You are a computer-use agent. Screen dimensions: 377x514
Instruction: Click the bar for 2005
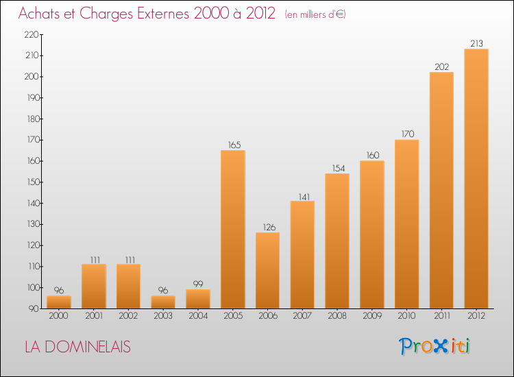pos(233,230)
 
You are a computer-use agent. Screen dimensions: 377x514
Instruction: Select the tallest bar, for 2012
pos(476,178)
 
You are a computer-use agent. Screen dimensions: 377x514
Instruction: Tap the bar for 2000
pos(59,302)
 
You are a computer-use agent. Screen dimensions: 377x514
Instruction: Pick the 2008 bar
pos(337,241)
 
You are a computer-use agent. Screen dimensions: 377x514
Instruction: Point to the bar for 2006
pos(268,271)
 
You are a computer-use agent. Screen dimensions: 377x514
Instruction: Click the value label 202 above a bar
pos(441,66)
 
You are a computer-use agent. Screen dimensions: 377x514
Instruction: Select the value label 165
pos(233,145)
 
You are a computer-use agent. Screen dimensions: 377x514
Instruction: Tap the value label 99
pos(198,284)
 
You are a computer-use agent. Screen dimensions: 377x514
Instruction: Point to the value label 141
pos(302,195)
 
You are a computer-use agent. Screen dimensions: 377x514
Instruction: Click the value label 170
pos(406,134)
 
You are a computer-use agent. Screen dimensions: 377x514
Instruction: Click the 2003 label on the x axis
pos(163,316)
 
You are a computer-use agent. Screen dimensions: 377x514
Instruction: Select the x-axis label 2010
pos(406,316)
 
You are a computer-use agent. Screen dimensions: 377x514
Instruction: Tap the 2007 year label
pos(302,316)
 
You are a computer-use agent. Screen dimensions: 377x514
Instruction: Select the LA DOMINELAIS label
pos(77,347)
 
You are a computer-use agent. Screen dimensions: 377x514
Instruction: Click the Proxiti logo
pos(435,346)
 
